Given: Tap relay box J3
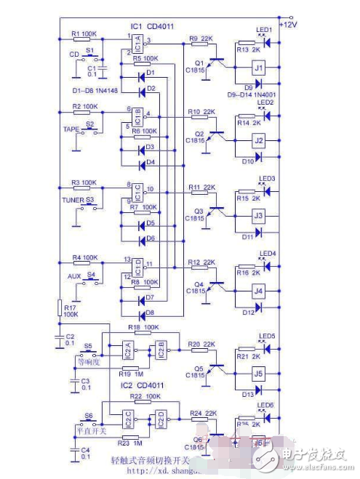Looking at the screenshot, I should pyautogui.click(x=257, y=216).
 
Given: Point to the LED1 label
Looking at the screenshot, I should pyautogui.click(x=264, y=30).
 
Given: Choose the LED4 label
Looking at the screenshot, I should pyautogui.click(x=267, y=254).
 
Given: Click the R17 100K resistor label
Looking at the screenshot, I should pyautogui.click(x=69, y=312).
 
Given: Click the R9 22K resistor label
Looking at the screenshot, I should pyautogui.click(x=200, y=38).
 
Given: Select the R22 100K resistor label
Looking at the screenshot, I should pyautogui.click(x=140, y=395).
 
